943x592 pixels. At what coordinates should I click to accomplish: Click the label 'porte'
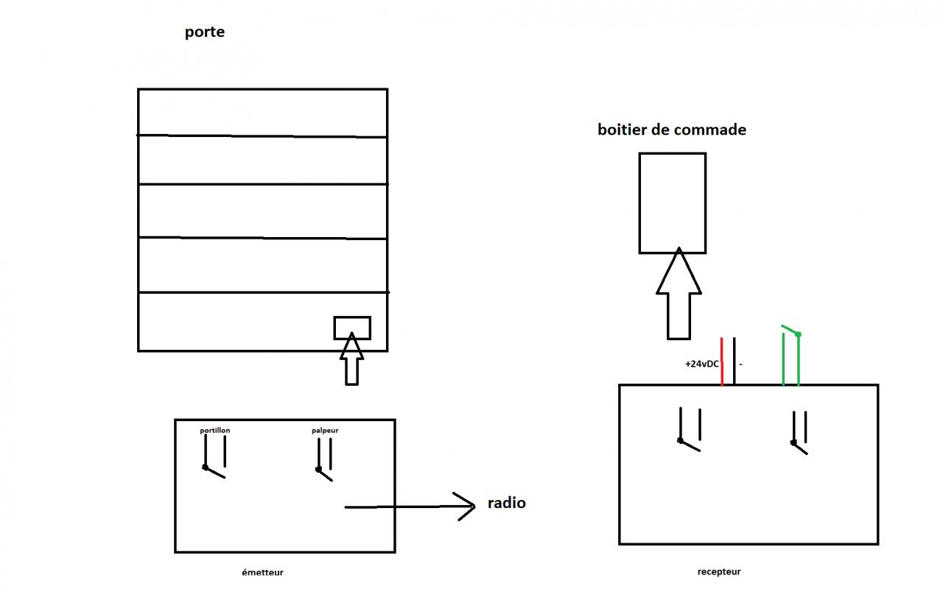pos(205,32)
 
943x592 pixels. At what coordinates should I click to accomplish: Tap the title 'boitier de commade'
pos(672,130)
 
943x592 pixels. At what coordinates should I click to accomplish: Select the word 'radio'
pos(507,503)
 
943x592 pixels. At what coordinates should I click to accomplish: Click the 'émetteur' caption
pos(262,572)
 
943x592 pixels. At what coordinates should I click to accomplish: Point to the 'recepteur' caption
pos(719,571)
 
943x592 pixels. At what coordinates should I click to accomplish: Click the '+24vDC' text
pos(701,364)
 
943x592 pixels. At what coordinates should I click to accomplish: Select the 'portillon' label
pos(215,430)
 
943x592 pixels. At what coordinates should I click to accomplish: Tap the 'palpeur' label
pos(325,430)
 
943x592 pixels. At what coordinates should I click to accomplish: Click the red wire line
pos(722,362)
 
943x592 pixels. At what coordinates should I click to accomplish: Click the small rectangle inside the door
pos(352,328)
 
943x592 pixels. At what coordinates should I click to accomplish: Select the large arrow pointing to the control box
pos(678,295)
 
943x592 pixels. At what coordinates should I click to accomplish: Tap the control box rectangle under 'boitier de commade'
pos(672,202)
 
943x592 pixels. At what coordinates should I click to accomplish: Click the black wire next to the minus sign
pos(735,361)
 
